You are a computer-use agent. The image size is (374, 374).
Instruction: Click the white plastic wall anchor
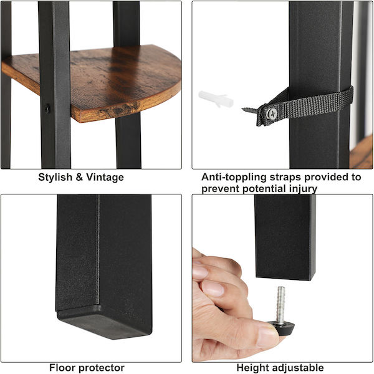click(216, 99)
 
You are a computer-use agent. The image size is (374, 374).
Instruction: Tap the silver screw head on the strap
click(272, 113)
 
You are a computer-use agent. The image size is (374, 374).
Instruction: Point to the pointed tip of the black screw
click(242, 109)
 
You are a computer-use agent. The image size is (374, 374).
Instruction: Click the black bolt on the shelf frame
click(47, 108)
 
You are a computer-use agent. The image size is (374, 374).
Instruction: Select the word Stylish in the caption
click(55, 178)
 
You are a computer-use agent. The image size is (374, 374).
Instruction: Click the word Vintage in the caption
click(105, 178)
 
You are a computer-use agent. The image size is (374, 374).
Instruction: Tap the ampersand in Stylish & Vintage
click(79, 178)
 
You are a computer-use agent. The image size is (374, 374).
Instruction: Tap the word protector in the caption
click(102, 368)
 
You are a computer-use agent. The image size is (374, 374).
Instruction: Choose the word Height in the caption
click(252, 368)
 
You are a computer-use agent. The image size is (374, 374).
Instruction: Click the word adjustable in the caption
click(297, 368)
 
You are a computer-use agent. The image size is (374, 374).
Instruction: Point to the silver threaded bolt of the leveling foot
click(280, 305)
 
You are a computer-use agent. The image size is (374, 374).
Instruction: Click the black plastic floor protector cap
click(103, 322)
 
